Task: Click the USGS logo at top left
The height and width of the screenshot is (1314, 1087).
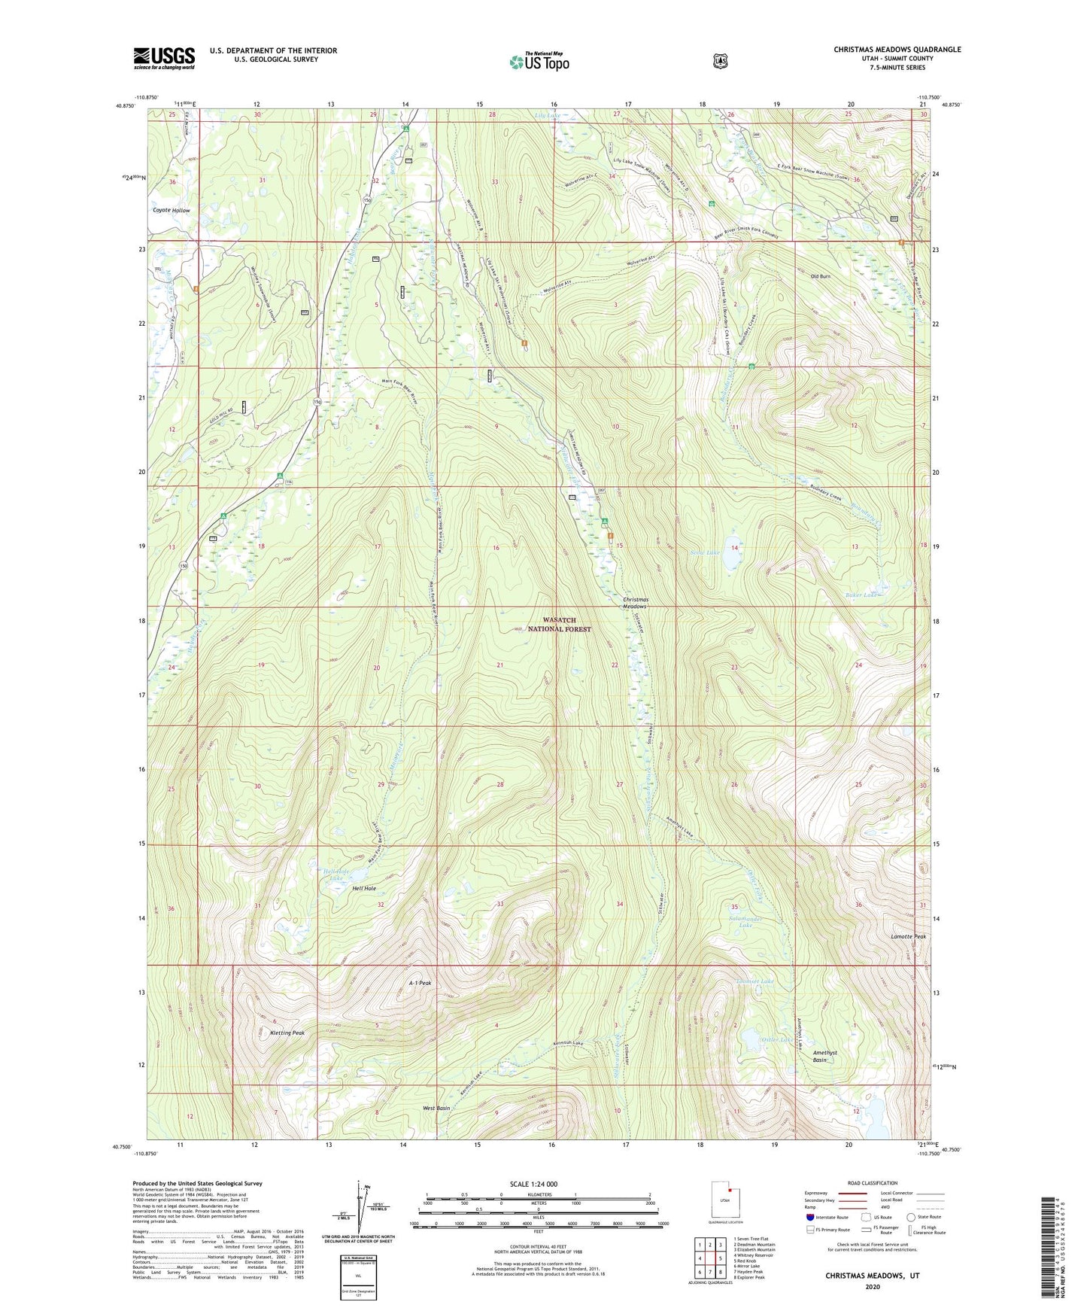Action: [x=164, y=58]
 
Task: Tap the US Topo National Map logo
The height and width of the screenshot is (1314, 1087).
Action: [x=539, y=61]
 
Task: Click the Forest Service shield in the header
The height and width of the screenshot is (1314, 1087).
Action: [x=720, y=61]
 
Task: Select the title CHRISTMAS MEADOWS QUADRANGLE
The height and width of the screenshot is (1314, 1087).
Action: [x=897, y=50]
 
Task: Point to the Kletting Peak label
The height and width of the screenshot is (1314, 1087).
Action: [x=287, y=1033]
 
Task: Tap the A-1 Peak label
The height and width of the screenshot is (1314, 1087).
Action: [x=420, y=983]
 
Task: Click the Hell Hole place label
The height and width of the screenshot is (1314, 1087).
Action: [x=364, y=889]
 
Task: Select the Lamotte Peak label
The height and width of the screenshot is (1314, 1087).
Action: [x=908, y=936]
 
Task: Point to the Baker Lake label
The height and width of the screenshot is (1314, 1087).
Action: [x=860, y=595]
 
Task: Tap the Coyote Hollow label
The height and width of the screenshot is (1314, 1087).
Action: [x=172, y=211]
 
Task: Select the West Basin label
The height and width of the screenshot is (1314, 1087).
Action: [x=436, y=1108]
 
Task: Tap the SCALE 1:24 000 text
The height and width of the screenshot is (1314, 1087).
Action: [x=533, y=1184]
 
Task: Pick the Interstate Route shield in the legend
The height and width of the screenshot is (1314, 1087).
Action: [x=809, y=1217]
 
